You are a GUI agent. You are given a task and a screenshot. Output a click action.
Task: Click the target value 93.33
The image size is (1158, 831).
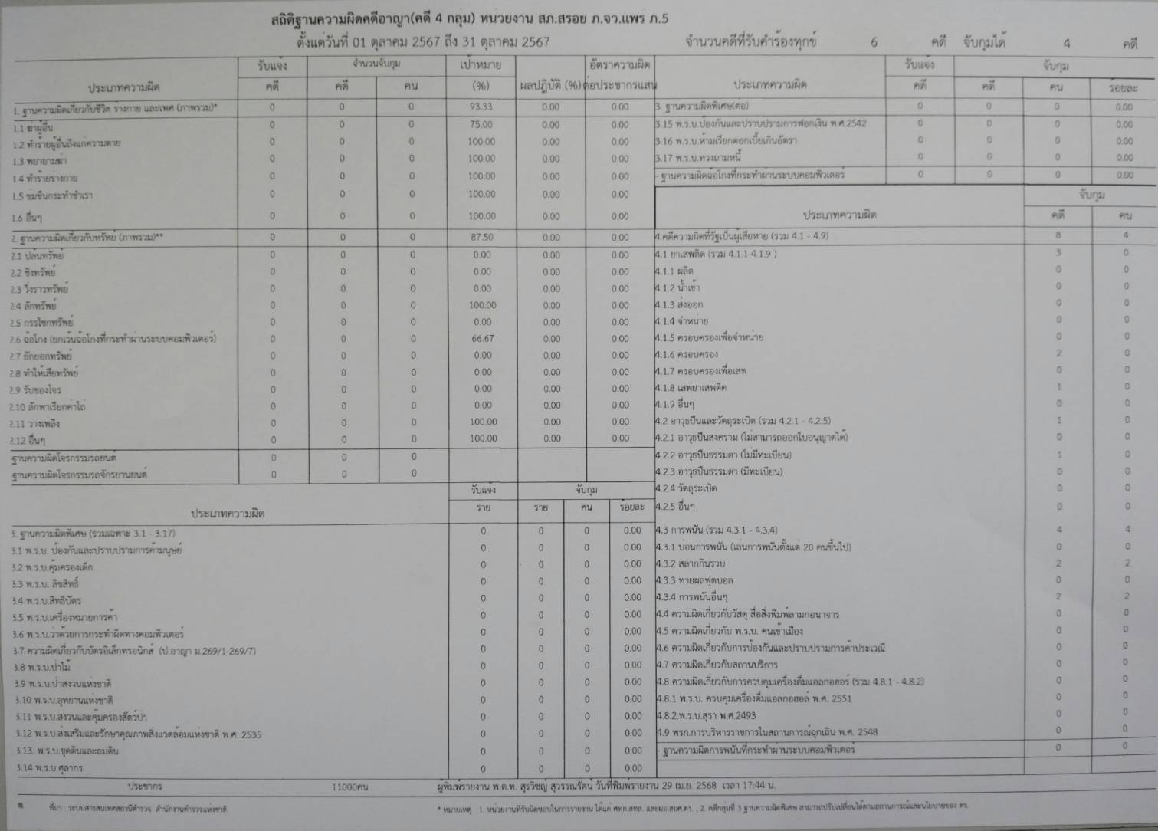click(481, 107)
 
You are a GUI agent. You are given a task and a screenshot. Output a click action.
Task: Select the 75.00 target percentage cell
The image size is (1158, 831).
click(481, 124)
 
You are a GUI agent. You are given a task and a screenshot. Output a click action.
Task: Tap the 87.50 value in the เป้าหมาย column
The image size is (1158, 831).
click(481, 238)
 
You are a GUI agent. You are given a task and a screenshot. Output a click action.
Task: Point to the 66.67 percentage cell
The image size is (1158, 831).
click(482, 338)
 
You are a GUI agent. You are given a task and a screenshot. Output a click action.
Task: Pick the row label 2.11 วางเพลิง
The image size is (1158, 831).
click(35, 424)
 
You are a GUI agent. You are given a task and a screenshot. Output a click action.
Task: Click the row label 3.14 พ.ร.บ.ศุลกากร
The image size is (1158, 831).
click(48, 768)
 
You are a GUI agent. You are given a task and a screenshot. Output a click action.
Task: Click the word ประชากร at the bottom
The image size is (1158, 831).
click(145, 787)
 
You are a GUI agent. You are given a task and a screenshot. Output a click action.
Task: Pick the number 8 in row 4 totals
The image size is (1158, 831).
click(1058, 235)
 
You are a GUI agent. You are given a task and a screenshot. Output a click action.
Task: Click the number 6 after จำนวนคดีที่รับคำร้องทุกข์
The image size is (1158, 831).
click(874, 43)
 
